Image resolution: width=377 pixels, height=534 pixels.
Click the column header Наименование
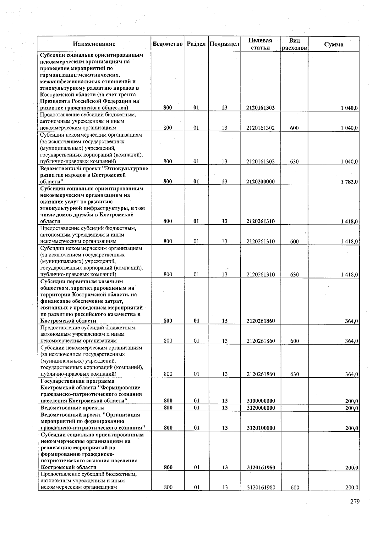(x=94, y=44)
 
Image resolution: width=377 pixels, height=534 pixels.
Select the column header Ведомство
(x=167, y=44)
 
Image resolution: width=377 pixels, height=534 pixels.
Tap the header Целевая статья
(x=260, y=44)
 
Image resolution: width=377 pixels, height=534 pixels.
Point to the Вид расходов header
(x=294, y=44)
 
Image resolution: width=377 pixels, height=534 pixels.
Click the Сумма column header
(x=334, y=44)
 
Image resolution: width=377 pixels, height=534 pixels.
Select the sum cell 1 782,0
(x=349, y=182)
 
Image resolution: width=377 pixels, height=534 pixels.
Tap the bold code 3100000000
(x=261, y=401)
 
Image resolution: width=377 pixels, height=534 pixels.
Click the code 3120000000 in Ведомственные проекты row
(x=261, y=408)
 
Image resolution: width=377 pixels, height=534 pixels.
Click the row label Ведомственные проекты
(x=73, y=408)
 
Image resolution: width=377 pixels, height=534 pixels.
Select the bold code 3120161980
(x=261, y=468)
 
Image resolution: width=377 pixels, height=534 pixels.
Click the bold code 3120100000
(x=261, y=428)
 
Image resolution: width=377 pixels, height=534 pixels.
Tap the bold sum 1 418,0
(x=349, y=222)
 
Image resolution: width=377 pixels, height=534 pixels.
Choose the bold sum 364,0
(x=352, y=321)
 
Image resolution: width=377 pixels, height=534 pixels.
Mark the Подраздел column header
(x=224, y=44)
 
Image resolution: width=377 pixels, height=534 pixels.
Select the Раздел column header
(x=196, y=44)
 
